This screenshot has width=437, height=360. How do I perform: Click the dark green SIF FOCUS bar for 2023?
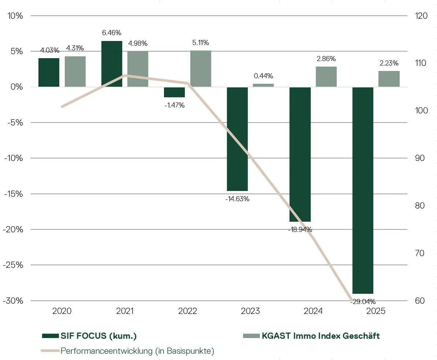[x=237, y=139]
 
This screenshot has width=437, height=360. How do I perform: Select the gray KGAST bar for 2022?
[x=201, y=69]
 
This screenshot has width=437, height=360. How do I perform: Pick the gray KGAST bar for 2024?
[x=326, y=77]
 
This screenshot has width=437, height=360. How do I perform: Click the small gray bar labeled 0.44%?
[x=263, y=85]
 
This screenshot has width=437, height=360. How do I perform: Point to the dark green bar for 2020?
[x=49, y=72]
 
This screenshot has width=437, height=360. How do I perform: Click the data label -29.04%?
[x=363, y=302]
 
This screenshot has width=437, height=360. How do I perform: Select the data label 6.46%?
[x=112, y=33]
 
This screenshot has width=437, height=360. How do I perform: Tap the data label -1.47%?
[x=174, y=105]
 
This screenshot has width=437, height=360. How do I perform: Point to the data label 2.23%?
[x=389, y=63]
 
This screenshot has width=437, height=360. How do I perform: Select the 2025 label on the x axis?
[x=376, y=311]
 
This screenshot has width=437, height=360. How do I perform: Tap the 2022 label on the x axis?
[x=187, y=311]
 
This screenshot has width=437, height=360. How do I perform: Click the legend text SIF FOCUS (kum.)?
[x=99, y=336]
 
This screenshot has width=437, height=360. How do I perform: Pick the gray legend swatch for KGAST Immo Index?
[x=251, y=336]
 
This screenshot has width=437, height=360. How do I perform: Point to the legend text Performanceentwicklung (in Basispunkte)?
[x=137, y=351]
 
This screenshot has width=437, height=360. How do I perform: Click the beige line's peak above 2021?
[x=125, y=76]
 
